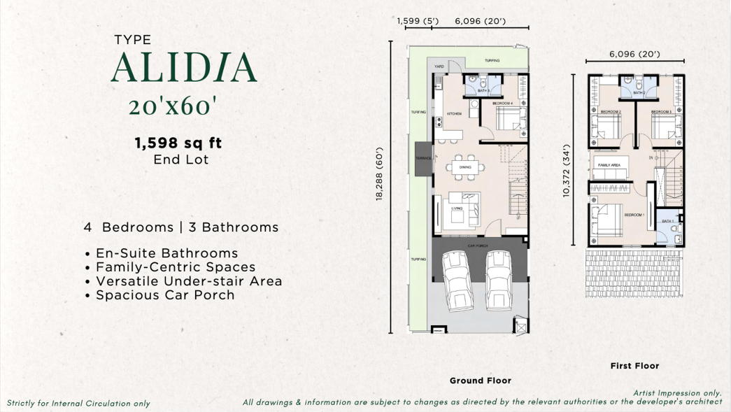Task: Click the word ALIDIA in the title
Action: coord(183,68)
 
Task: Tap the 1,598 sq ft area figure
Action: coord(178,143)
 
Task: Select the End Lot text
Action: coord(180,159)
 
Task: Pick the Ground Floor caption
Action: coord(480,381)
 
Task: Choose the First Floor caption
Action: coord(634,366)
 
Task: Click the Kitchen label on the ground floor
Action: coord(454,114)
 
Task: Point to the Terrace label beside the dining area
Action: coord(424,159)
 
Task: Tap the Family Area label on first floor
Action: coord(609,165)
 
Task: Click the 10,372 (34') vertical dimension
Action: coord(567,171)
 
